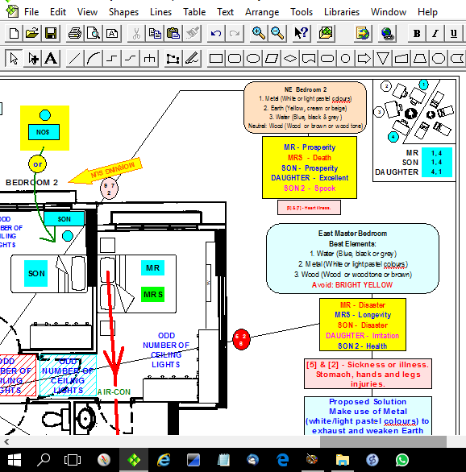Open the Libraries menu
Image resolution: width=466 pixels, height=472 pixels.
(x=342, y=12)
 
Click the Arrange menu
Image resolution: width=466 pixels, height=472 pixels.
(x=261, y=12)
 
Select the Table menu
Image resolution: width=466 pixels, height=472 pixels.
(x=194, y=12)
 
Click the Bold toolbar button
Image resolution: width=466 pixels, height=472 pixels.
(x=416, y=33)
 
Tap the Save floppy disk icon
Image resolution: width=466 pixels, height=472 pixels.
(x=51, y=33)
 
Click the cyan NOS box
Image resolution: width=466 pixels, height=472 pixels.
(x=44, y=131)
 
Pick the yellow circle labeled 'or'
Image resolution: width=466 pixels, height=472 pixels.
(x=36, y=164)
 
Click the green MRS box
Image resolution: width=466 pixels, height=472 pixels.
(x=152, y=295)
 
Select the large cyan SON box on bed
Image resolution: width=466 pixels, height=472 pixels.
(x=36, y=274)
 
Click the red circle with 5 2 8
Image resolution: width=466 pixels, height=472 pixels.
(x=241, y=337)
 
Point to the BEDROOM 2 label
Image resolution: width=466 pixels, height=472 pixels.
(x=32, y=183)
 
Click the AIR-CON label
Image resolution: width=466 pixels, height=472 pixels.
(x=114, y=392)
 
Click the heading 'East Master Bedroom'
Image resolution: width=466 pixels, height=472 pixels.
(x=353, y=234)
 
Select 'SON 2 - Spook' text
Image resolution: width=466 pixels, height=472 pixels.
(x=310, y=188)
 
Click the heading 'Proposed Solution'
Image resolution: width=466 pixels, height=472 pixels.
(x=367, y=402)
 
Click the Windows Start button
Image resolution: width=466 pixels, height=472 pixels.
(x=15, y=459)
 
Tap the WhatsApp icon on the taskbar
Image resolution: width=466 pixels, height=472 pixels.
(x=402, y=459)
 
